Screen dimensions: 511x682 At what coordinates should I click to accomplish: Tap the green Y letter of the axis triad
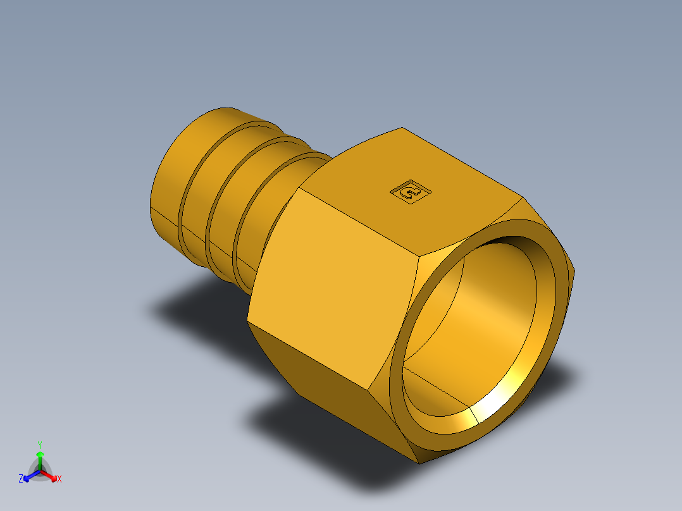(x=39, y=445)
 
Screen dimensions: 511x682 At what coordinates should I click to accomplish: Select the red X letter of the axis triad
(x=59, y=479)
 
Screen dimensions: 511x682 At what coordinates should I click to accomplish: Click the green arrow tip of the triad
(x=40, y=455)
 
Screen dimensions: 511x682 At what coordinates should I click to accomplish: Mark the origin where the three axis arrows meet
(x=40, y=471)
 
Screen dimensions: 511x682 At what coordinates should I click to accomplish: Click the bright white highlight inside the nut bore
(x=500, y=405)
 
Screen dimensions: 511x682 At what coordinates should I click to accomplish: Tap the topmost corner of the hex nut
(x=402, y=128)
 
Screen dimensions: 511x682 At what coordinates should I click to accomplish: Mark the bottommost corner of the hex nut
(x=419, y=463)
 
